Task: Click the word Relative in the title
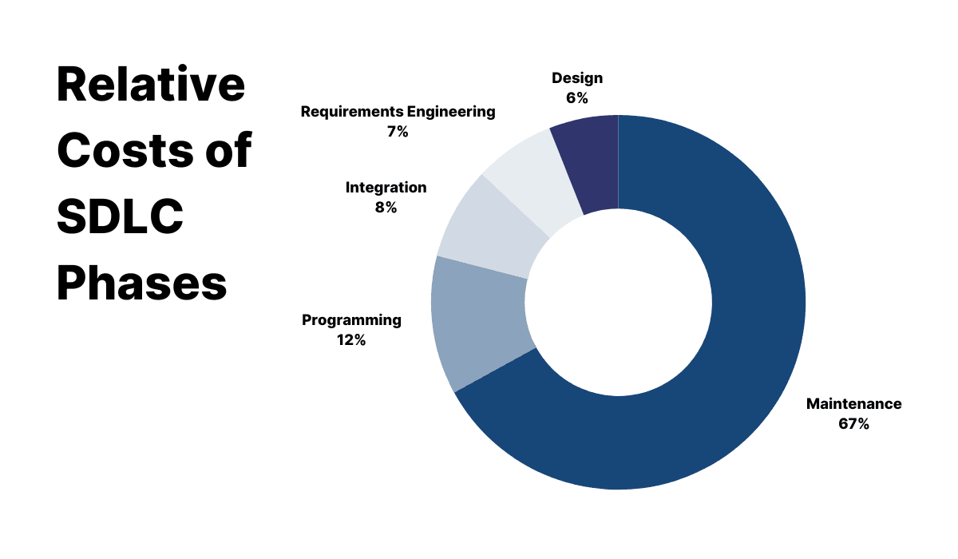(151, 84)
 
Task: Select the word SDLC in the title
(121, 216)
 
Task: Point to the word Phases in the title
(142, 283)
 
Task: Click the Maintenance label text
(853, 404)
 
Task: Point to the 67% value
(853, 424)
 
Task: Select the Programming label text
(351, 320)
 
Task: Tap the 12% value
(351, 340)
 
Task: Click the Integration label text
(386, 188)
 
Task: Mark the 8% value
(386, 208)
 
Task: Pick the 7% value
(398, 132)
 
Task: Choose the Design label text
(577, 78)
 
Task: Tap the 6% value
(577, 98)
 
